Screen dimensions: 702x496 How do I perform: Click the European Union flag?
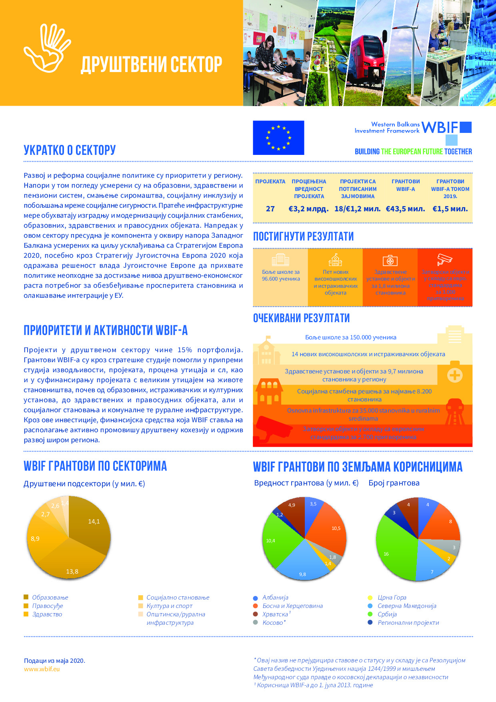[x=278, y=138]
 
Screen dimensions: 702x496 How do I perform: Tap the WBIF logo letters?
[x=440, y=128]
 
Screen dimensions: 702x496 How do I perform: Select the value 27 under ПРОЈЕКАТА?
[x=270, y=209]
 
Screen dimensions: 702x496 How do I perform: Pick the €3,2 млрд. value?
[x=308, y=209]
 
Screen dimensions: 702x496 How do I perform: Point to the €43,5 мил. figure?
[x=405, y=209]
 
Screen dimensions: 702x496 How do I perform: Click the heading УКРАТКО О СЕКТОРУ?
[x=70, y=150]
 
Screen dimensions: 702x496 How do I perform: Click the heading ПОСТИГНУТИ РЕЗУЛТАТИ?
[x=303, y=237]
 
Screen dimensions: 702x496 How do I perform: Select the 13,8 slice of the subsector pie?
[x=74, y=564]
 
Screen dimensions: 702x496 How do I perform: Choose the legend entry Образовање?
[x=50, y=598]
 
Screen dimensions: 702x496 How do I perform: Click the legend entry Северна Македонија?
[x=407, y=606]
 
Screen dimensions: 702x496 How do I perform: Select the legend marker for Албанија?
[x=256, y=598]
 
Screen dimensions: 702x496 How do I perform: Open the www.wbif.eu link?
[x=42, y=669]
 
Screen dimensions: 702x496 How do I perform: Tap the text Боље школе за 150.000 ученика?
[x=350, y=337]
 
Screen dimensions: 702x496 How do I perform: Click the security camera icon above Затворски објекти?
[x=444, y=259]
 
